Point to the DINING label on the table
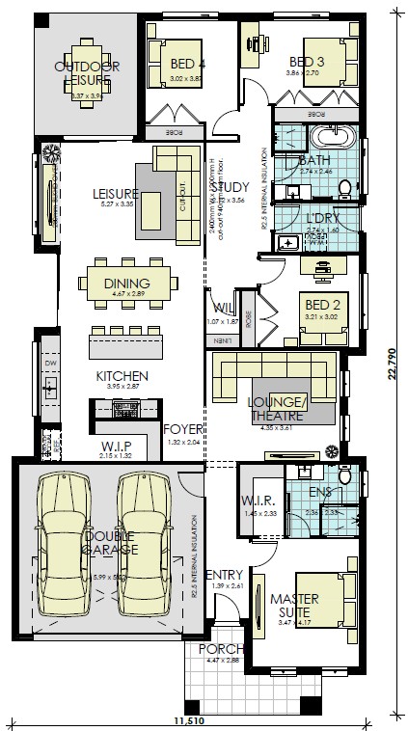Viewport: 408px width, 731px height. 126,283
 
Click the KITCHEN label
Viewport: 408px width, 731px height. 122,375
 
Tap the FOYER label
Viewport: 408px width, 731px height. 181,429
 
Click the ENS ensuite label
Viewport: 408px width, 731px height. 321,492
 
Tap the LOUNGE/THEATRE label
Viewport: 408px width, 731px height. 277,408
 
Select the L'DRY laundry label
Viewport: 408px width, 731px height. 317,219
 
